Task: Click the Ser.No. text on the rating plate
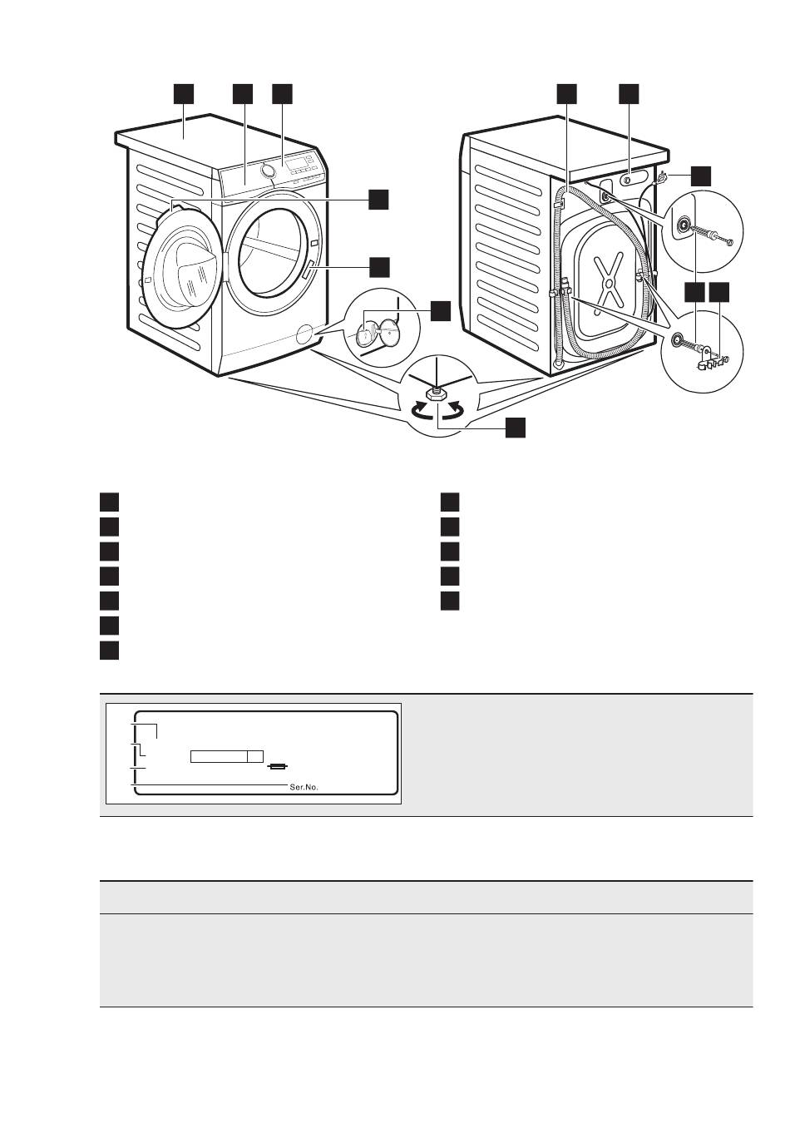[304, 786]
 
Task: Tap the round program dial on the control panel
[267, 171]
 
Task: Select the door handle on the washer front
[310, 270]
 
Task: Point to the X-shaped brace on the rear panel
[611, 281]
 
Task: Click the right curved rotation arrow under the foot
[455, 409]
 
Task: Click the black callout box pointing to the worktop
[184, 93]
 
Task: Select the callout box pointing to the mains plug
[702, 176]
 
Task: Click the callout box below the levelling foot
[516, 428]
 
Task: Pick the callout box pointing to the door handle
[379, 265]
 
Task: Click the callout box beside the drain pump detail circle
[440, 311]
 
